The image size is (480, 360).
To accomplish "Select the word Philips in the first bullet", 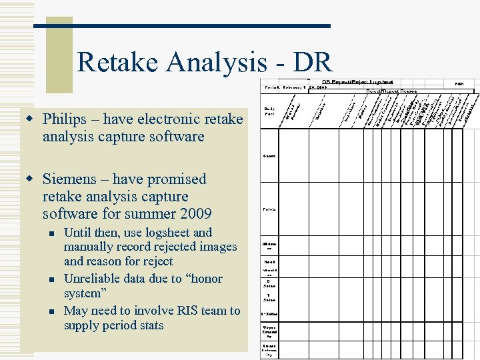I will point(65,119).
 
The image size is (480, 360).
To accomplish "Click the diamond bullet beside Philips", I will point(29,120).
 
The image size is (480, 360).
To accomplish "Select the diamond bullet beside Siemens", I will point(29,180).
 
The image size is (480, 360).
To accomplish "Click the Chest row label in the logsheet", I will point(269,156).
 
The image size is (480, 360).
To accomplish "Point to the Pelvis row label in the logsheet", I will point(269,209).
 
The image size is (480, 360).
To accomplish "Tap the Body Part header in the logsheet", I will point(269,111).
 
